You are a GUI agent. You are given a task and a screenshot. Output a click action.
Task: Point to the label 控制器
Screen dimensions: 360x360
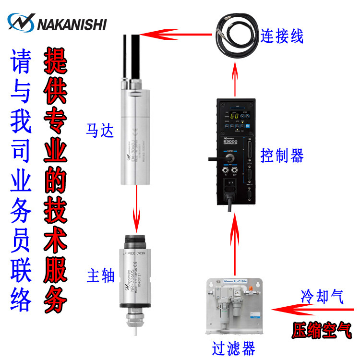click(282, 155)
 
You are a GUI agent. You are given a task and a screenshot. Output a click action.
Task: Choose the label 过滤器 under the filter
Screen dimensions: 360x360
click(234, 347)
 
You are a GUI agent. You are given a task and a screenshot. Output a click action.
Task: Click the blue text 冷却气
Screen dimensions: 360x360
click(323, 297)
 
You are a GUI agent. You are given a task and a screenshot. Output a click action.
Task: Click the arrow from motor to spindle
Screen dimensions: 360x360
click(137, 207)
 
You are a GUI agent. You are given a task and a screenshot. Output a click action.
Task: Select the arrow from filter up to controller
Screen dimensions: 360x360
click(235, 245)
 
